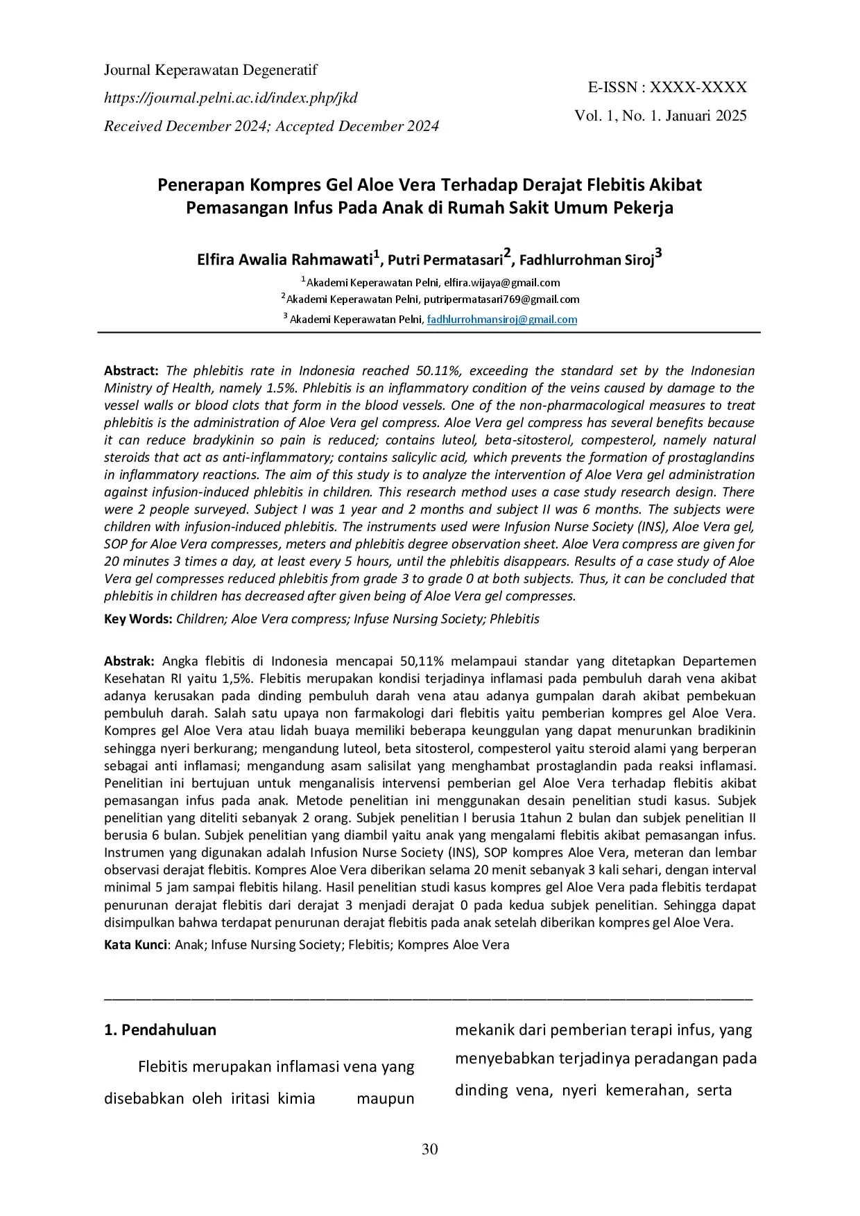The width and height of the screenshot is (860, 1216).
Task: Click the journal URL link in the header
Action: tap(231, 98)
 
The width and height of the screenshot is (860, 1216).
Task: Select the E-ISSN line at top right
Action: tap(667, 87)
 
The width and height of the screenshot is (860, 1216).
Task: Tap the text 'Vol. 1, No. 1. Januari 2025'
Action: tap(660, 116)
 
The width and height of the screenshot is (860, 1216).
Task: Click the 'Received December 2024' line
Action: tap(271, 126)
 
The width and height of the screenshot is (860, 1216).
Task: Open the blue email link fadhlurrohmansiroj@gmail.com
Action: tap(502, 320)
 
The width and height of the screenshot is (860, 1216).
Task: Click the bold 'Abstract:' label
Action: tap(132, 371)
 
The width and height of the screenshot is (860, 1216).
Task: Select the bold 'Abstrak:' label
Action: tap(130, 661)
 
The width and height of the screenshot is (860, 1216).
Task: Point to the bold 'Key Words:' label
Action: tap(138, 619)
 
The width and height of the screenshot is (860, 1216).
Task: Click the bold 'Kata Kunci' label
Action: tap(136, 945)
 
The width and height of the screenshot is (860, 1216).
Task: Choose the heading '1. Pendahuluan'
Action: tap(160, 1030)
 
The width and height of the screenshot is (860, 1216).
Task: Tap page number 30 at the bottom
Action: tap(430, 1149)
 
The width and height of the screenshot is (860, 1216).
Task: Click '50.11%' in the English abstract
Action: tap(438, 371)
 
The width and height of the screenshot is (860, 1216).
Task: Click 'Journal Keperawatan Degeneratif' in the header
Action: tap(211, 70)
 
